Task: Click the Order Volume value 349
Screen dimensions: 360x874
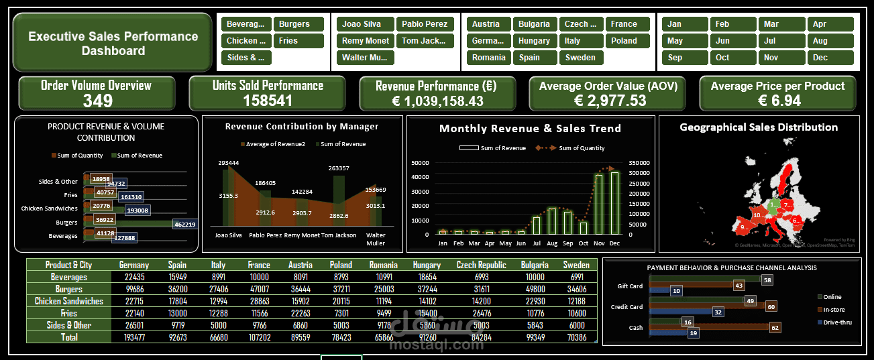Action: pos(97,101)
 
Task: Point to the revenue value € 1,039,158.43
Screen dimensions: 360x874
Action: pos(437,101)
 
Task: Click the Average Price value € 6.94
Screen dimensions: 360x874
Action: pos(777,101)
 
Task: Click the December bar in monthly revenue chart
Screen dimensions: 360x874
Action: pos(614,203)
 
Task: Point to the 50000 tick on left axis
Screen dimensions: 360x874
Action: pos(420,162)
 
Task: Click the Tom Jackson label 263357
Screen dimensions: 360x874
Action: pos(339,168)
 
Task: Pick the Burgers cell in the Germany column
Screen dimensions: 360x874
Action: pos(133,289)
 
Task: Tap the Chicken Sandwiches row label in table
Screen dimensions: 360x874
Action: pos(69,301)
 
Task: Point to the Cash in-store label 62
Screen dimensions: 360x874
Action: pos(775,328)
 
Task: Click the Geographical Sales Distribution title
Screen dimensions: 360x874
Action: pos(759,127)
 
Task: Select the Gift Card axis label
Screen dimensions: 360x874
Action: pos(630,286)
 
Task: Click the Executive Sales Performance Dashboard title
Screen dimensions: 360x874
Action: pos(113,44)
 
